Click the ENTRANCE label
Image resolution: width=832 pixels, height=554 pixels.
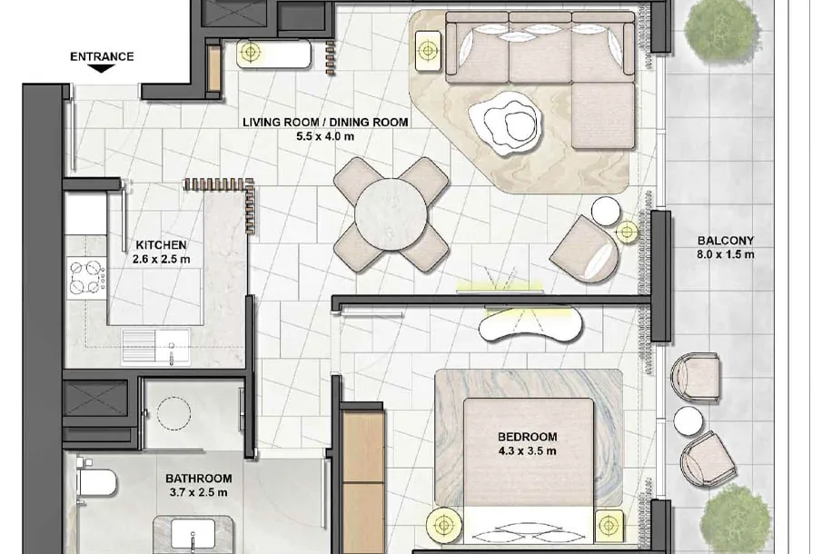[x=102, y=56]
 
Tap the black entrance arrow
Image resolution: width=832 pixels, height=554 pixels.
[x=102, y=68]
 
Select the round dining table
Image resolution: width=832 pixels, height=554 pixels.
[x=391, y=213]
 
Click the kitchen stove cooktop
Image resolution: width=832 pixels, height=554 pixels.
[x=87, y=276]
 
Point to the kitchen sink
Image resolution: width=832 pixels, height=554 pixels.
[x=155, y=347]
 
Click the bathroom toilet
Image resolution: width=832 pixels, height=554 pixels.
[x=96, y=482]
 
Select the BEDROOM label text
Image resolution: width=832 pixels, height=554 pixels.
[x=528, y=437]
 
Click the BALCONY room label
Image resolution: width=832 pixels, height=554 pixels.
[x=726, y=241]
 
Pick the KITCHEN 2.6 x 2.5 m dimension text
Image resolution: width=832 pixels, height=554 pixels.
[x=162, y=260]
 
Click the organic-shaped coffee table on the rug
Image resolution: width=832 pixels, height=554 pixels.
[x=505, y=123]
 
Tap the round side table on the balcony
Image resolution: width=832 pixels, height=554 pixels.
[x=688, y=421]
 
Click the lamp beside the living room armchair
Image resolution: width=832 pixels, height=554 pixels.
[x=628, y=232]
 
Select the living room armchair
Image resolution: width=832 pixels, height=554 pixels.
[x=585, y=249]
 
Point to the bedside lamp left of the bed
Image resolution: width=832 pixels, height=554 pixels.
[x=444, y=525]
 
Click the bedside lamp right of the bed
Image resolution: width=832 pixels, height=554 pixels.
[x=609, y=525]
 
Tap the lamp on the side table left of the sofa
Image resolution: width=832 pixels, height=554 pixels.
[x=428, y=51]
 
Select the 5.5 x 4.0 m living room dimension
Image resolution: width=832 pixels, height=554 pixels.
[x=325, y=136]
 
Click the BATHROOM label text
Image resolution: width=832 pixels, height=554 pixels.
[x=198, y=478]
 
